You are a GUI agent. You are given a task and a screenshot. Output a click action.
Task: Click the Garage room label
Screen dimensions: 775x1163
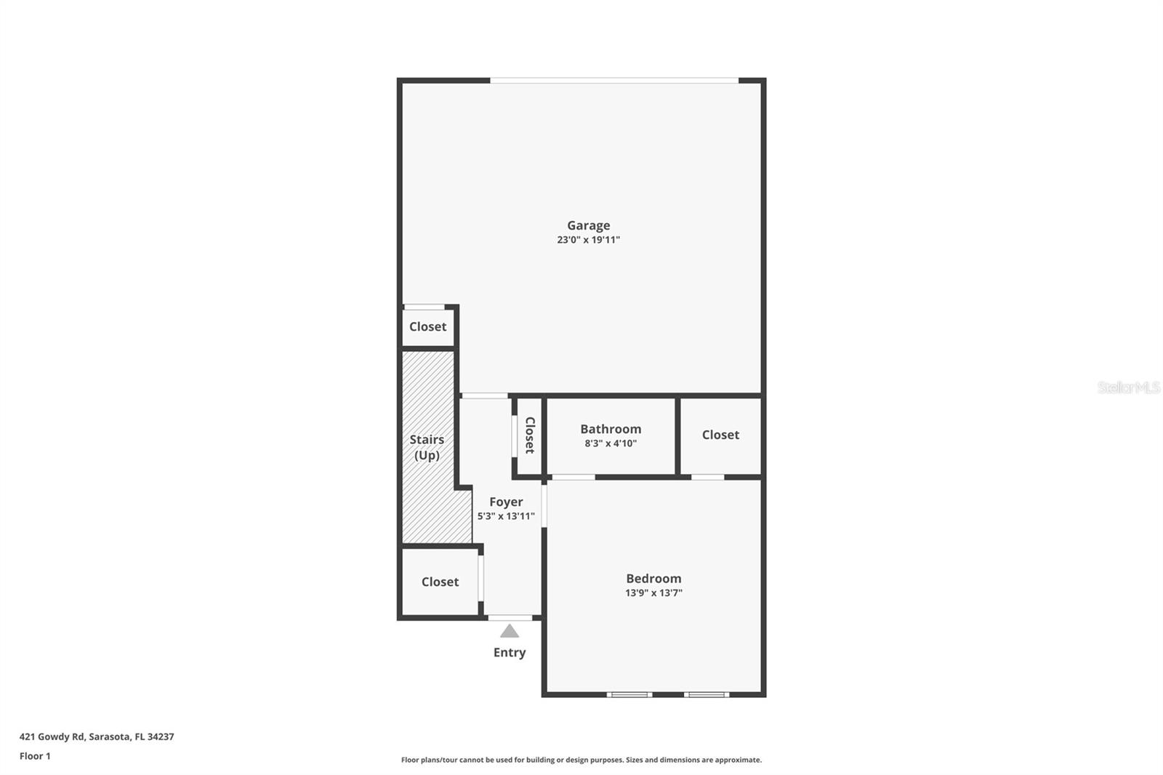[x=588, y=225]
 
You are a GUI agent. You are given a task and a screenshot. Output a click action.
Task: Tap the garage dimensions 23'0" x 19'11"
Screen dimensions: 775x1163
[x=588, y=240]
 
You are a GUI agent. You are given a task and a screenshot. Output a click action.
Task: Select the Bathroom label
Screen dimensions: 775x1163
[x=611, y=429]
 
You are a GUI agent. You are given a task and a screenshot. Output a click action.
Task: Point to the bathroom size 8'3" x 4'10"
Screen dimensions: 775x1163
[x=611, y=443]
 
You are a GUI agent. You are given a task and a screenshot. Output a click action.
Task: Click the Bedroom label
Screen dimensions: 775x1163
[x=653, y=579]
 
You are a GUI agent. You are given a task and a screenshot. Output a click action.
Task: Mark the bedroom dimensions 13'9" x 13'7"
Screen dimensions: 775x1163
[x=653, y=593]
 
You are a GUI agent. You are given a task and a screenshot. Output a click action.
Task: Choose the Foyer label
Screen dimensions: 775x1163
[x=506, y=502]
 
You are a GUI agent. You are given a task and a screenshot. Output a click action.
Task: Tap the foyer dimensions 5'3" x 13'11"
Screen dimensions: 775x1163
[x=506, y=516]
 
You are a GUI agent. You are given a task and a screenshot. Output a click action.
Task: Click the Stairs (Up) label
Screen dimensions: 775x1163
[x=427, y=447]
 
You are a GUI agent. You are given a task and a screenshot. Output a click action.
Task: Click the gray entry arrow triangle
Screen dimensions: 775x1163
[x=510, y=631]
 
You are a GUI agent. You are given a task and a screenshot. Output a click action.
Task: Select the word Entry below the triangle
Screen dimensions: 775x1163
[x=510, y=652]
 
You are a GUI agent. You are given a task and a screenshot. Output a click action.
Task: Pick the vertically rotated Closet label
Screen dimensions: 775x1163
[x=530, y=435]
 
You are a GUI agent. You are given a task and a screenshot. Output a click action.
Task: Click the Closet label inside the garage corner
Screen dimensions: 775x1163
[x=427, y=326]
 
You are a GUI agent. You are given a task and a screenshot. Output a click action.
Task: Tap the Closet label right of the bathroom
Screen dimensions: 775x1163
[x=720, y=435]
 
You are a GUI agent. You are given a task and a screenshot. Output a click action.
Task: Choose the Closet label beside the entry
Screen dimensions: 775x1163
[x=440, y=582]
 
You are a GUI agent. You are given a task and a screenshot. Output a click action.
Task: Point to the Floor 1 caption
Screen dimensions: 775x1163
[x=35, y=756]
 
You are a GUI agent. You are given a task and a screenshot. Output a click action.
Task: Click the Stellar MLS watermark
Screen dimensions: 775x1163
[x=1128, y=387]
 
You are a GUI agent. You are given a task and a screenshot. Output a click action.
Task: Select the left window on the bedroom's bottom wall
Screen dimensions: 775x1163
[x=629, y=694]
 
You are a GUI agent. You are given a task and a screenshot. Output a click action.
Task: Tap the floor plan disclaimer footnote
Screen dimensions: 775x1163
[x=581, y=760]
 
